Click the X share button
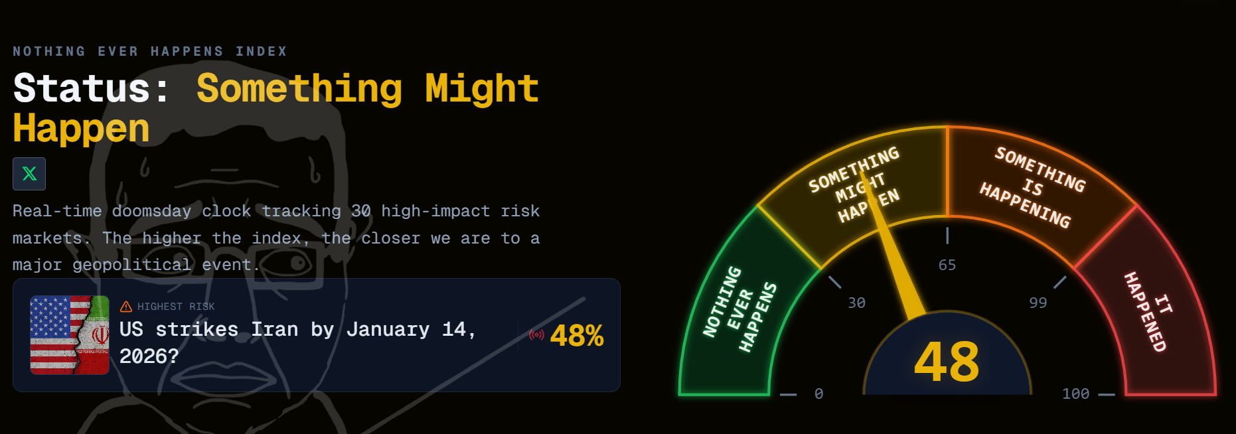29,174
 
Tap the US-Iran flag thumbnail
70,335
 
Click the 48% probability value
577,336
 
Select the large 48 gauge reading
947,362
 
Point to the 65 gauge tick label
947,265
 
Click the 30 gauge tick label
857,303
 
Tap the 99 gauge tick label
1038,303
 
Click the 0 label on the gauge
819,394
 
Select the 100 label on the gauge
1076,394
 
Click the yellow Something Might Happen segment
856,186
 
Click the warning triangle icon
126,307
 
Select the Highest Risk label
176,307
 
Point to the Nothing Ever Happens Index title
150,51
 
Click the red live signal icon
536,334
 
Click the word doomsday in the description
151,211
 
